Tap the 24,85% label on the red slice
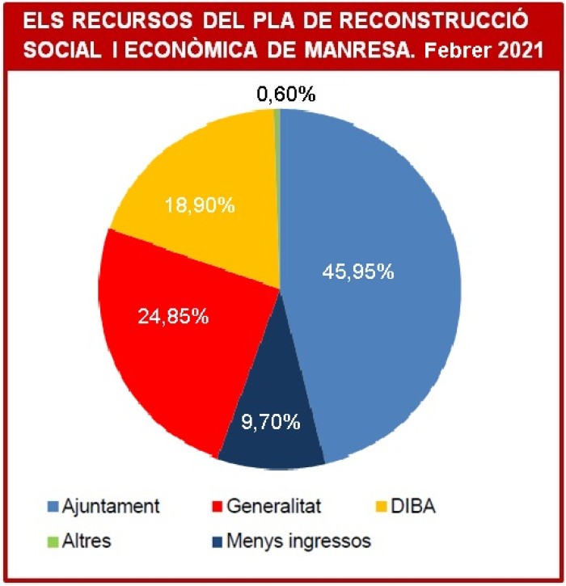pyautogui.click(x=173, y=316)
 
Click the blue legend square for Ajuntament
pyautogui.click(x=53, y=507)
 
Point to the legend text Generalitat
pyautogui.click(x=275, y=507)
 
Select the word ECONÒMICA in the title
pyautogui.click(x=202, y=50)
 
